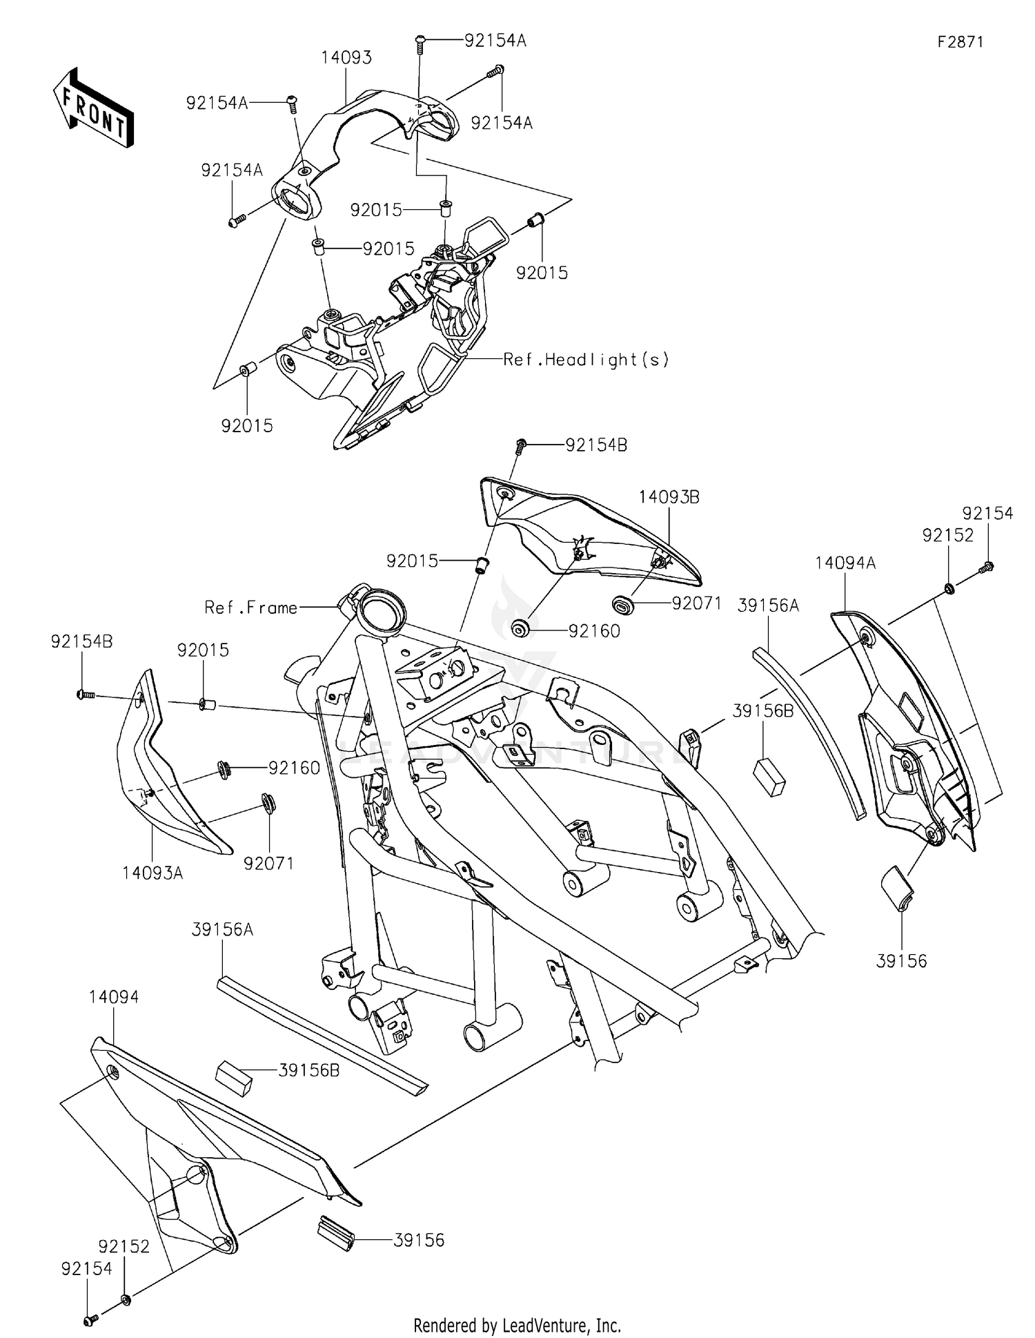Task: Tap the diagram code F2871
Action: (x=960, y=42)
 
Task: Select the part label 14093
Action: (x=346, y=58)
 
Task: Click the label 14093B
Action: (x=669, y=497)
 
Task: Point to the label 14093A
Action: (x=152, y=873)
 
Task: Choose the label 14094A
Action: (x=845, y=563)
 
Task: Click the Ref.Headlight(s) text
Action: (x=586, y=359)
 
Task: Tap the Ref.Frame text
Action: (x=250, y=608)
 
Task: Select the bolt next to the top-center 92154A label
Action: (x=419, y=43)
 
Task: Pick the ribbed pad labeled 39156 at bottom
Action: (x=335, y=1233)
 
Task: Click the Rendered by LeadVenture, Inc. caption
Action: (x=517, y=1325)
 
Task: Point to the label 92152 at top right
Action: (x=947, y=535)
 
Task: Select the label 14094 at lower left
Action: (x=114, y=997)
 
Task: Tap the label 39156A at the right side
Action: (x=768, y=605)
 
